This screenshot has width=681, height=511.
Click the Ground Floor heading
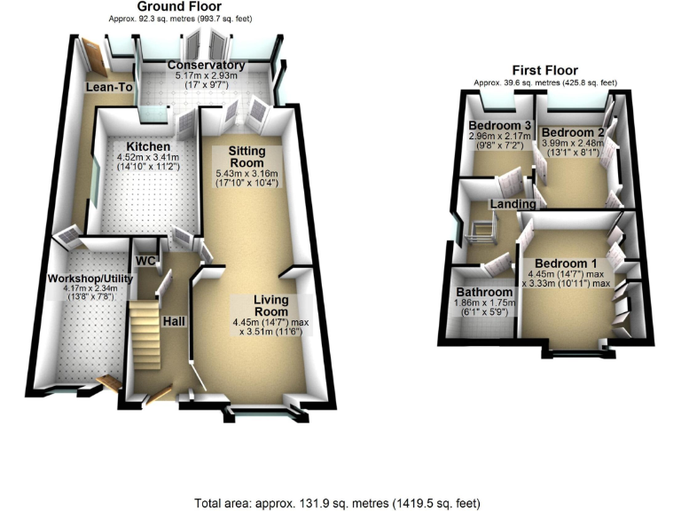[173, 6]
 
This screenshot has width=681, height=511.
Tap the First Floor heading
[544, 70]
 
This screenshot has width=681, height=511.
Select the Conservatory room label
[206, 66]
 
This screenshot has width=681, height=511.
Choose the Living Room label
[270, 306]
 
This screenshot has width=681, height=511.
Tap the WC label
[145, 262]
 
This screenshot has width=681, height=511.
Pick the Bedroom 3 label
[500, 125]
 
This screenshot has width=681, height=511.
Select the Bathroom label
[484, 292]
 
